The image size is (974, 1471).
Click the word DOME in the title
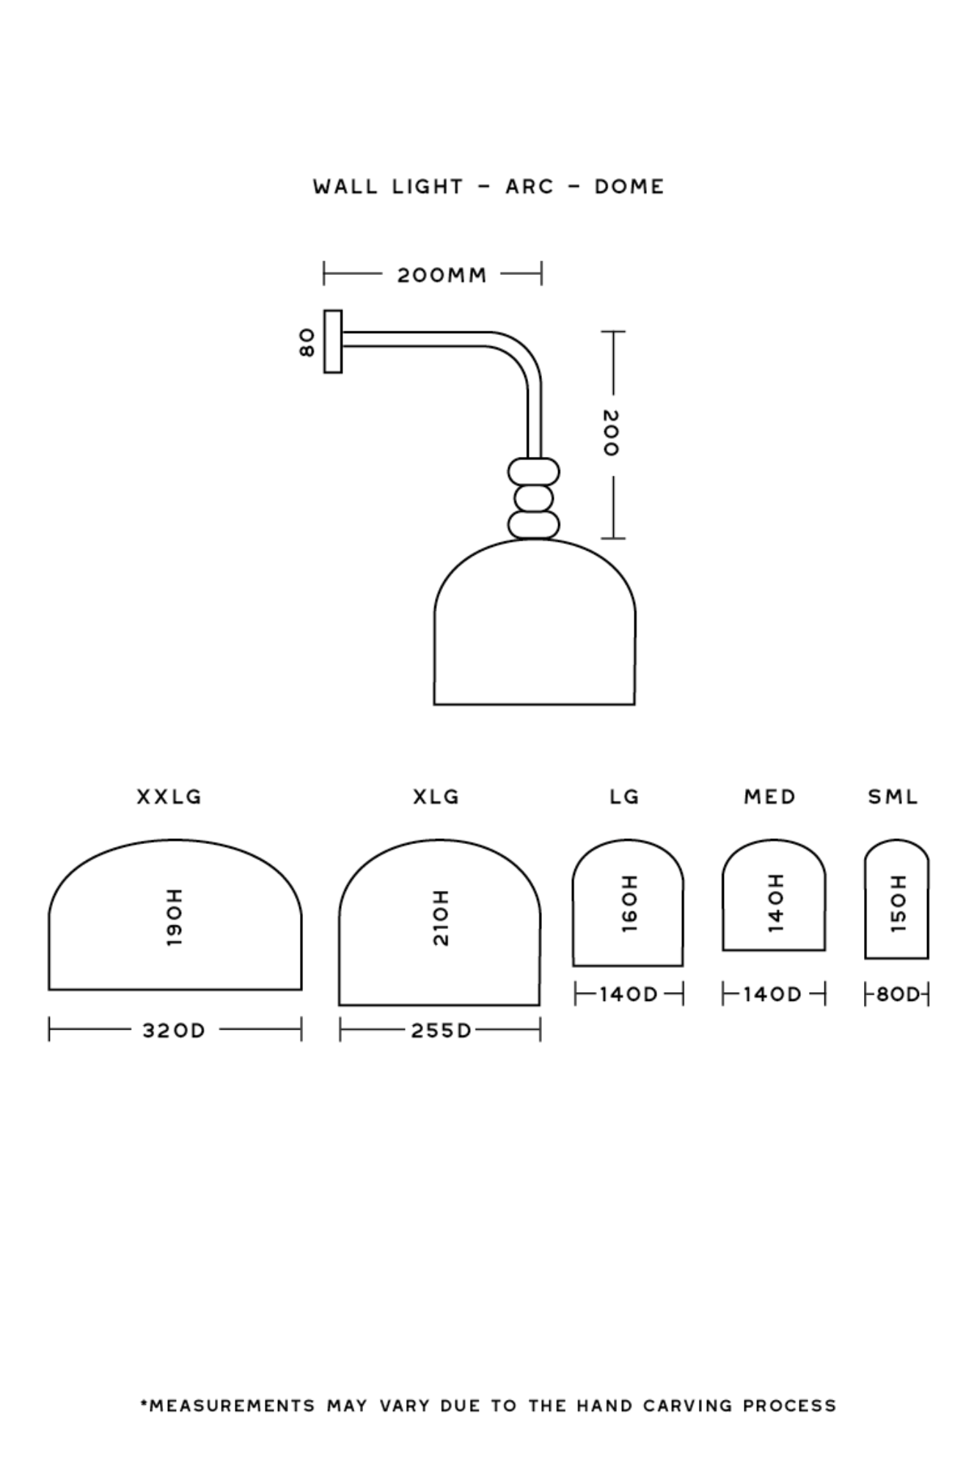tap(629, 187)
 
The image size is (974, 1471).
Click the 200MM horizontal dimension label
tap(442, 276)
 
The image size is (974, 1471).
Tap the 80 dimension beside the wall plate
tap(307, 342)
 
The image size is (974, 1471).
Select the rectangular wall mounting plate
tap(333, 342)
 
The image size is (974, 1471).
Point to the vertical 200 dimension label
tap(610, 433)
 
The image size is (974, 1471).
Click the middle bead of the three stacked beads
tap(534, 499)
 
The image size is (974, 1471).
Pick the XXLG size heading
tap(169, 797)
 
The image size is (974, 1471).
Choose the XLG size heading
tap(436, 797)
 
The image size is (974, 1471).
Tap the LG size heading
tap(625, 797)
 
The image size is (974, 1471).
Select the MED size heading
tap(770, 797)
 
